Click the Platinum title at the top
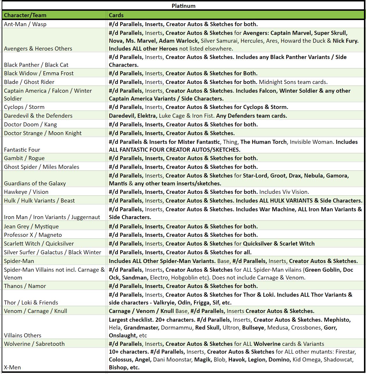point(183,6)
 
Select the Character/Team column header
point(25,15)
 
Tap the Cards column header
point(116,15)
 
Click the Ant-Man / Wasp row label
point(25,24)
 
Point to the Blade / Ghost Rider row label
point(29,82)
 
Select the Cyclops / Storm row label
point(24,107)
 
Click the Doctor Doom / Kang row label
point(30,124)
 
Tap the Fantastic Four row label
point(22,150)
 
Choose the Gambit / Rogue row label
point(24,158)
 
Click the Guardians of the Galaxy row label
point(35,183)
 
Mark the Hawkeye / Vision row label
point(26,192)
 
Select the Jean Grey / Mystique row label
point(31,226)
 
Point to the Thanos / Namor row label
point(25,286)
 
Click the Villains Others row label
point(23,335)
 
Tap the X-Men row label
point(13,367)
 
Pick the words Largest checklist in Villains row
point(131,320)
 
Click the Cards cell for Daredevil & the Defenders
point(198,116)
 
